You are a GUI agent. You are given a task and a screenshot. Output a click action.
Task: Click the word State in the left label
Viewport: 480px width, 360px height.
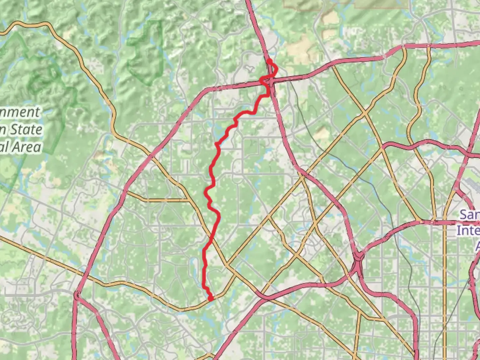(x=26, y=129)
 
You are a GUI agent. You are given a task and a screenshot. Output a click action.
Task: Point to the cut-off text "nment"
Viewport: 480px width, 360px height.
(x=20, y=112)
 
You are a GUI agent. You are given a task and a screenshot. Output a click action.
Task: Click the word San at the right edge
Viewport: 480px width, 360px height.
(x=470, y=214)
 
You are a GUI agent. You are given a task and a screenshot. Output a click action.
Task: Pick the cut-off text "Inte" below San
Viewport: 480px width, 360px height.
(x=468, y=230)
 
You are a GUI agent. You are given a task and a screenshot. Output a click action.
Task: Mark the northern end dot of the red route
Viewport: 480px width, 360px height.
(x=268, y=61)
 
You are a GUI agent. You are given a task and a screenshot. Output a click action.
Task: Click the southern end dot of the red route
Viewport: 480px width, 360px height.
(x=210, y=299)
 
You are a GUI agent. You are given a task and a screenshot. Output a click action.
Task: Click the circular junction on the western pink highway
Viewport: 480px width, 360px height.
(x=77, y=295)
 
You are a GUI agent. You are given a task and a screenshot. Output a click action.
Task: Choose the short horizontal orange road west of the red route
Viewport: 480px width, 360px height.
(x=160, y=200)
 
